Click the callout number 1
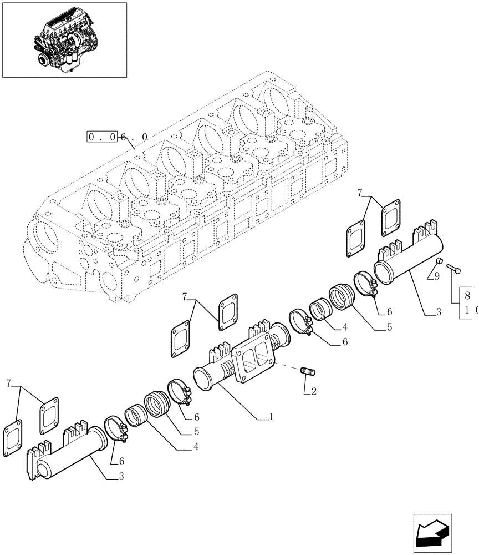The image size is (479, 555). pyautogui.click(x=271, y=417)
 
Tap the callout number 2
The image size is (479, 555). pyautogui.click(x=314, y=391)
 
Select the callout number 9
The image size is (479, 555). pyautogui.click(x=437, y=276)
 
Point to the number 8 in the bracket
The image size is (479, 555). pyautogui.click(x=467, y=296)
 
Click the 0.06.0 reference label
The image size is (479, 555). pyautogui.click(x=117, y=137)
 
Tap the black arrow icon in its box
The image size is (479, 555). pyautogui.click(x=432, y=534)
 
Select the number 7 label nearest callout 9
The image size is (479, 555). pyautogui.click(x=360, y=193)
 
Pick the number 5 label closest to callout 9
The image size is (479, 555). pyautogui.click(x=390, y=327)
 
